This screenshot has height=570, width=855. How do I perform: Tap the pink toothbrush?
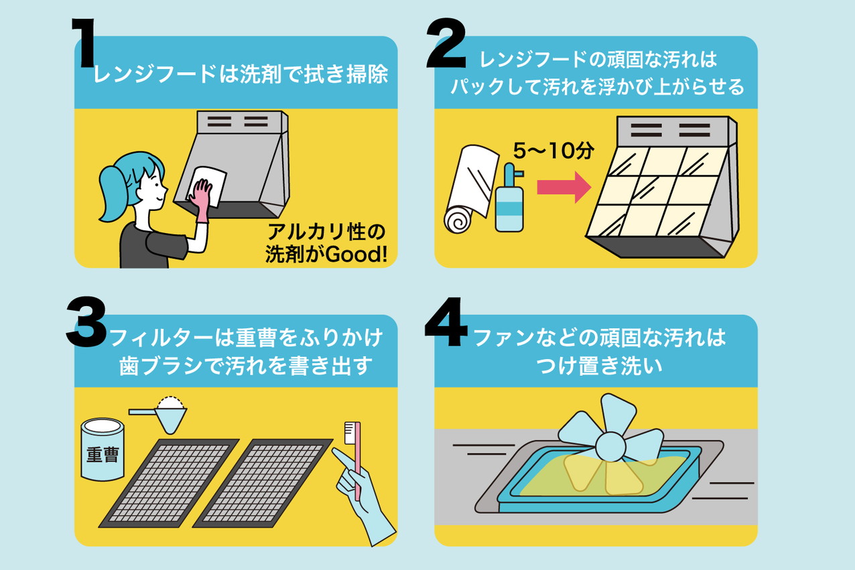coord(354,455)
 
